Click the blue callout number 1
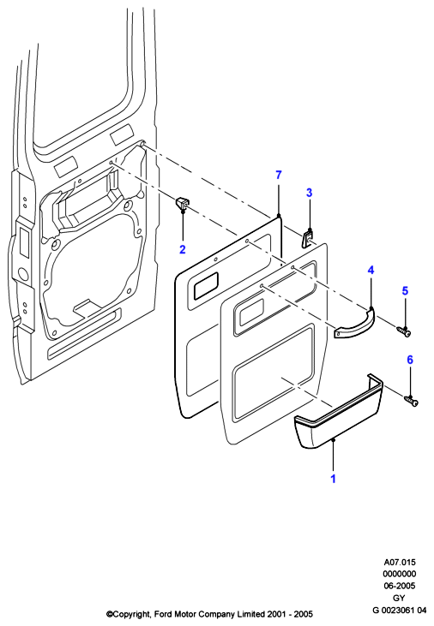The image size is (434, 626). coord(333,479)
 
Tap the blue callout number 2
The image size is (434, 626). coord(183,249)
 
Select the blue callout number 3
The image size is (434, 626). coord(309,193)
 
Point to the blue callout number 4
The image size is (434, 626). coord(371,271)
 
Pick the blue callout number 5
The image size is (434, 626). coord(405,290)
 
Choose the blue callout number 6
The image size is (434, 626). coord(410,360)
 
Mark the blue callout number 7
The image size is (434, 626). coord(279,175)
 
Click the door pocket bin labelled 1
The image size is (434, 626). coord(339,412)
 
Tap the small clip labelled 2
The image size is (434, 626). coord(182,203)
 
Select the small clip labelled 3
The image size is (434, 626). coord(307,238)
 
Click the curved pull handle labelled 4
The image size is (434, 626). coord(355,325)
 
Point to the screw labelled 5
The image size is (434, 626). coord(404,331)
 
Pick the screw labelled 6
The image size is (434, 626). coord(411,401)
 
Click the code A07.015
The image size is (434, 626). coord(400,562)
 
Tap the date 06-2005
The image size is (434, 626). coord(399,586)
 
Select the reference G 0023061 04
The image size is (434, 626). coord(399,610)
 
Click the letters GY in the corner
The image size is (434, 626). coord(399,598)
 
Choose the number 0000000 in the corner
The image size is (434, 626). coord(399,574)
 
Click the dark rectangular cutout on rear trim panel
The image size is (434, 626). coord(206,285)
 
